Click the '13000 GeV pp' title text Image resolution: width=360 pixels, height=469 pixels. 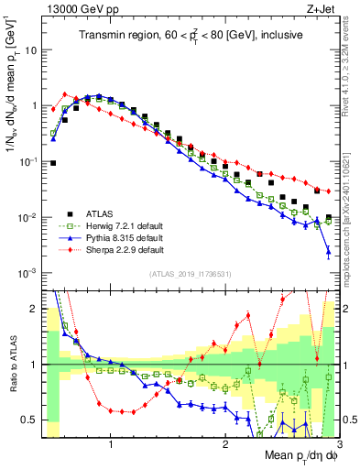click(x=81, y=9)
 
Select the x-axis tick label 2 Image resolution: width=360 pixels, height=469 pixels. click(x=225, y=445)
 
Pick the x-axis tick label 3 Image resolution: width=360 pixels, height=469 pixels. click(x=338, y=445)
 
